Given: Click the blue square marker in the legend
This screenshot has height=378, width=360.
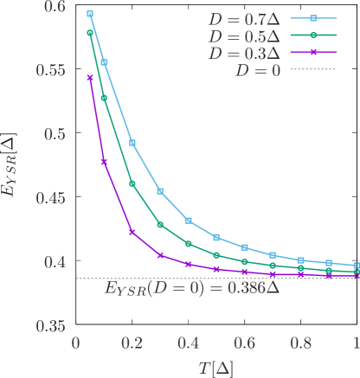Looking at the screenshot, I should tap(312, 17).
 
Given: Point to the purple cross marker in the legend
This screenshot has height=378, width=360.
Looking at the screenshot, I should tap(312, 54).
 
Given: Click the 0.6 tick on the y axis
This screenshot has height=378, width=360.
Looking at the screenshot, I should tap(54, 7).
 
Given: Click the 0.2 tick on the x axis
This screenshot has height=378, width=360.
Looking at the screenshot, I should tap(132, 343).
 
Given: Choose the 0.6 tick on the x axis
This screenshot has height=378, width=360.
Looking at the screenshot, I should tap(245, 343).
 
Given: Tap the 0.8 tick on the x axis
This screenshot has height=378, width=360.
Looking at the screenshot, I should tap(301, 343).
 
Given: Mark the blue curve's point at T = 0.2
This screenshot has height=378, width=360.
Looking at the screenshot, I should tap(132, 143).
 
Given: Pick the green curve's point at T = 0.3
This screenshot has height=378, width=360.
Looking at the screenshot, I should tap(160, 225).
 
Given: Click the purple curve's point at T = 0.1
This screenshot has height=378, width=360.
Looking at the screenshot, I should tap(104, 162).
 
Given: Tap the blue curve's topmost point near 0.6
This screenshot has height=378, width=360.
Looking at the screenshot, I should tap(90, 15).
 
